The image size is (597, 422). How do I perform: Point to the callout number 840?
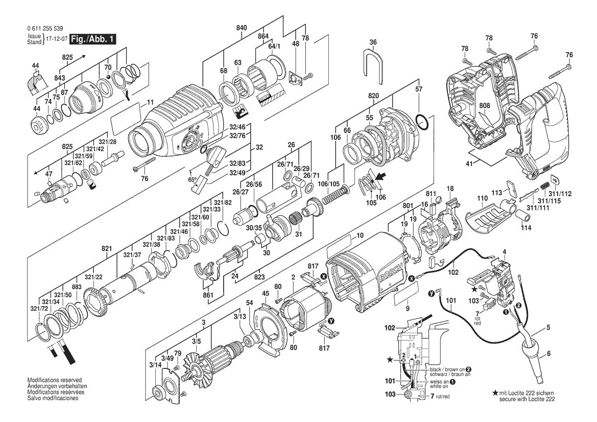pyautogui.click(x=242, y=27)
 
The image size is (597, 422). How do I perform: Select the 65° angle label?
pyautogui.click(x=193, y=180)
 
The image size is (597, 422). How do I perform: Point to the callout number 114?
pyautogui.click(x=526, y=228)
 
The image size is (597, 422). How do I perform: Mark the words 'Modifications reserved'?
pyautogui.click(x=54, y=381)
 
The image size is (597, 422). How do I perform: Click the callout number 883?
pyautogui.click(x=77, y=288)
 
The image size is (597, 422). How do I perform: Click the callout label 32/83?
pyautogui.click(x=237, y=163)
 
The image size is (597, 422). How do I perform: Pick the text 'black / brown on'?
pyautogui.click(x=446, y=369)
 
